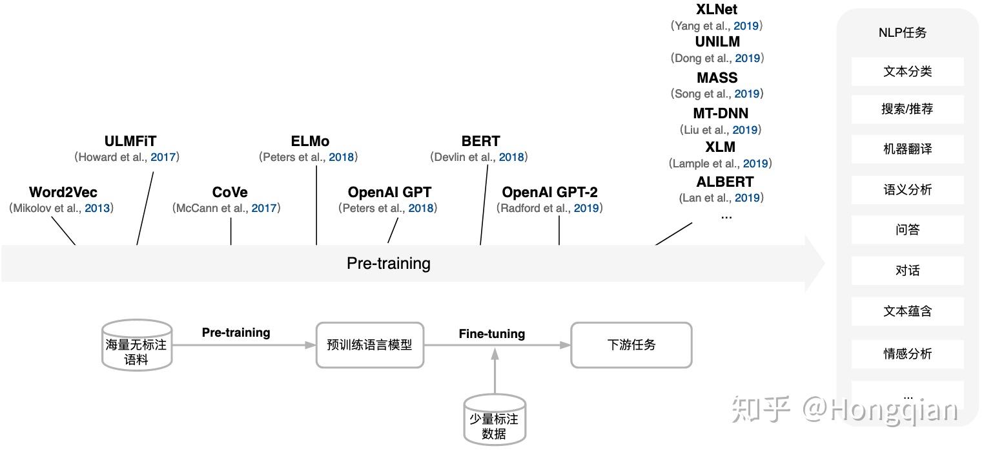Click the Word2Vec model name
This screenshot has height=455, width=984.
(x=63, y=192)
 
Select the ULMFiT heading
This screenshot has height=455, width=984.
(x=130, y=141)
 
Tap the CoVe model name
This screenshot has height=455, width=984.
(x=230, y=192)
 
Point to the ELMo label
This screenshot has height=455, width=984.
(x=310, y=141)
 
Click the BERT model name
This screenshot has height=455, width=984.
(x=480, y=141)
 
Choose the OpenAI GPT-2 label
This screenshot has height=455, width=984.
(x=549, y=192)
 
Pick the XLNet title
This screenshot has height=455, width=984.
(x=717, y=10)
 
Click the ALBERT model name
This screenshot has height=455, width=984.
(x=725, y=182)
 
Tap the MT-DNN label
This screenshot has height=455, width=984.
(x=721, y=113)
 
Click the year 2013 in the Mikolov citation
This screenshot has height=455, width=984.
(x=97, y=208)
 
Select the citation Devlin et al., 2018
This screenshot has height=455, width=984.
(x=479, y=157)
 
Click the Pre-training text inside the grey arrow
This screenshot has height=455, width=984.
(x=388, y=263)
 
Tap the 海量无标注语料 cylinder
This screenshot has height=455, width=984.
(x=136, y=346)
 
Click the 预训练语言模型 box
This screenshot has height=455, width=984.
(x=369, y=345)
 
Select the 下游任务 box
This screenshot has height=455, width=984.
(x=631, y=345)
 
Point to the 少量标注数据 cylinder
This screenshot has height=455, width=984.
(x=494, y=420)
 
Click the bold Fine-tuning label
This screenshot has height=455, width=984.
(x=492, y=333)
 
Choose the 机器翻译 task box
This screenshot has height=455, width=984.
(x=907, y=149)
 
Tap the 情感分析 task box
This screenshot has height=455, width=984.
(x=907, y=354)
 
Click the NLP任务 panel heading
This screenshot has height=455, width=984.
(x=903, y=33)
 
